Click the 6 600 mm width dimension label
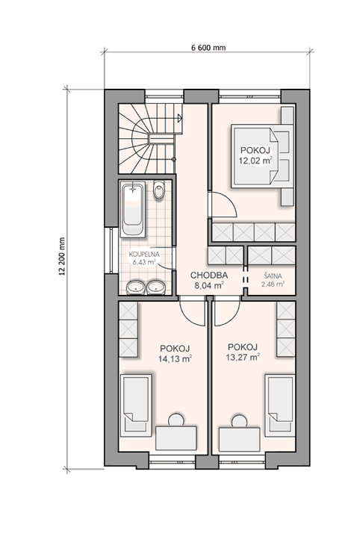(x=209, y=48)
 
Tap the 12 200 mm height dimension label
(x=62, y=257)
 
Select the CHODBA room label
(x=209, y=276)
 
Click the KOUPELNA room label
(x=144, y=255)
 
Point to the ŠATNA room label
(x=273, y=276)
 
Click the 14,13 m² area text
(x=176, y=358)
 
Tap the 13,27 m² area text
(x=243, y=357)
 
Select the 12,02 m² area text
(x=255, y=161)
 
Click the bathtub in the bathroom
(x=133, y=209)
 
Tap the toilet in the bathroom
(x=159, y=190)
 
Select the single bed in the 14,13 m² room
(x=136, y=405)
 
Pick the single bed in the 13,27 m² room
(x=280, y=405)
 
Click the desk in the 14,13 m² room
(x=176, y=438)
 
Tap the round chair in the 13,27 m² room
(x=239, y=421)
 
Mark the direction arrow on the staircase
(x=180, y=116)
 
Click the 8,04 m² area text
(x=209, y=285)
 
